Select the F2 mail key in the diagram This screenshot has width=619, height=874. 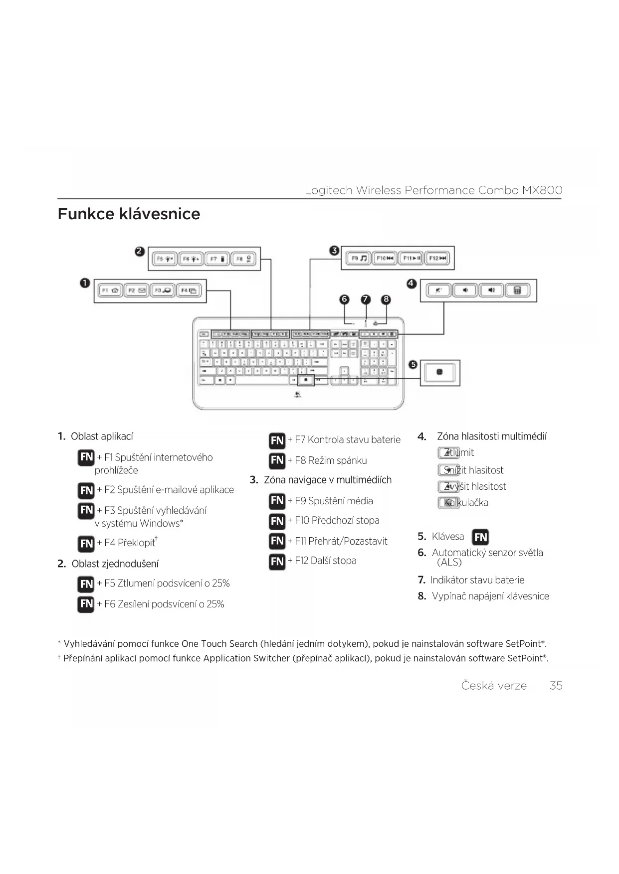[x=136, y=291]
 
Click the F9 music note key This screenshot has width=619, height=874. [x=358, y=258]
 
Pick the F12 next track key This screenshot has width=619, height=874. [x=437, y=258]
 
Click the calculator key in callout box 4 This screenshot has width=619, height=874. [x=517, y=290]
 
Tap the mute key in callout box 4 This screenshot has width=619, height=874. [x=438, y=290]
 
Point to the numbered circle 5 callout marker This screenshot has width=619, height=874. [x=413, y=364]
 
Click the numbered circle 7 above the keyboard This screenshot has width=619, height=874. [x=366, y=299]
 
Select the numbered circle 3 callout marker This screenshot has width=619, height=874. [x=335, y=251]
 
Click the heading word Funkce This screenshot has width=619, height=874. [x=86, y=214]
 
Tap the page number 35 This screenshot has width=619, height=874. [x=556, y=686]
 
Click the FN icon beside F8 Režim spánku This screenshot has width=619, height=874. [x=277, y=460]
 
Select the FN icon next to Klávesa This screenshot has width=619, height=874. [x=480, y=537]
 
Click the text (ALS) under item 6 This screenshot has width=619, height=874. [x=449, y=562]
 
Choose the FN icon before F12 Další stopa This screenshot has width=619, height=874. [x=277, y=561]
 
